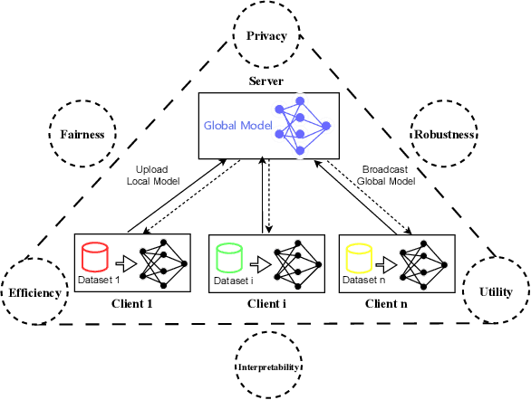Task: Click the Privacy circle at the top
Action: click(265, 36)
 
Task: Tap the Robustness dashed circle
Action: click(445, 134)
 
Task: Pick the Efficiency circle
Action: click(34, 292)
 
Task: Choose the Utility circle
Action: click(495, 292)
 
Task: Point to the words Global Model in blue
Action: click(237, 127)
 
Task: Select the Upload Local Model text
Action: click(158, 176)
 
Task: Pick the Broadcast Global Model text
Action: click(387, 176)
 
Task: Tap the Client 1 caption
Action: click(133, 303)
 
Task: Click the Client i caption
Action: click(266, 303)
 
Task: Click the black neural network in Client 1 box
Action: click(161, 263)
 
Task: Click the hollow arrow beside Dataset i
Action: click(257, 264)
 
